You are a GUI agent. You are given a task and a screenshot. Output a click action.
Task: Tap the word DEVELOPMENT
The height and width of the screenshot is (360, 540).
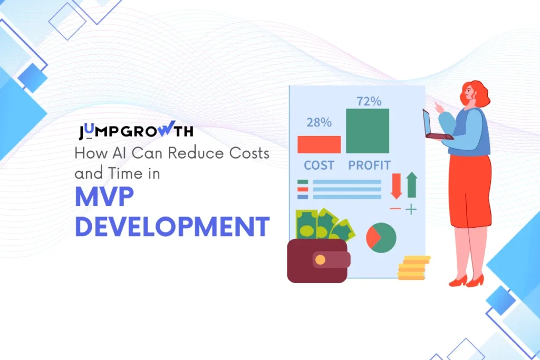172,226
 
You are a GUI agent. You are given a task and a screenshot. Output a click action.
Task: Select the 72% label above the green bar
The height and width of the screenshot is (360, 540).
369,101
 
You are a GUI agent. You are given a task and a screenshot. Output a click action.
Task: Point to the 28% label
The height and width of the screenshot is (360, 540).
319,122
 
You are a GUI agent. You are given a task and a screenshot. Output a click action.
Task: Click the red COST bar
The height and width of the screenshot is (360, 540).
319,144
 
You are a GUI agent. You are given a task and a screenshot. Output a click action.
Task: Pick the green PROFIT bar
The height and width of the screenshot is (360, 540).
368,131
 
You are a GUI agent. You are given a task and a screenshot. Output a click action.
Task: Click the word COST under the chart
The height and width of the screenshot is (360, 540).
319,165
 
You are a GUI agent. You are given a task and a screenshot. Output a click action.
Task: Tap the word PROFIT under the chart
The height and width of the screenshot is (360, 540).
369,165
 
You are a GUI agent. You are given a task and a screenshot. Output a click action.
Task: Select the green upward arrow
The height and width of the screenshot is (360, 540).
411,185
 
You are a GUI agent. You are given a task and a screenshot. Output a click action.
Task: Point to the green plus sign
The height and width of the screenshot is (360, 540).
411,209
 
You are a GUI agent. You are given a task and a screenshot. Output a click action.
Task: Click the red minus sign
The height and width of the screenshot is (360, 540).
396,209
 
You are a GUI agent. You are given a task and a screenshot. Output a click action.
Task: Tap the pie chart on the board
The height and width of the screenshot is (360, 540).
381,237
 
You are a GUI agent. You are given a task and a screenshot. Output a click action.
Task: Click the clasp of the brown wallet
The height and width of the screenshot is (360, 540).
321,259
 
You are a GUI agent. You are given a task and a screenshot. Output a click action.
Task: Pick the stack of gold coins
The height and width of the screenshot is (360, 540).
413,268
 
